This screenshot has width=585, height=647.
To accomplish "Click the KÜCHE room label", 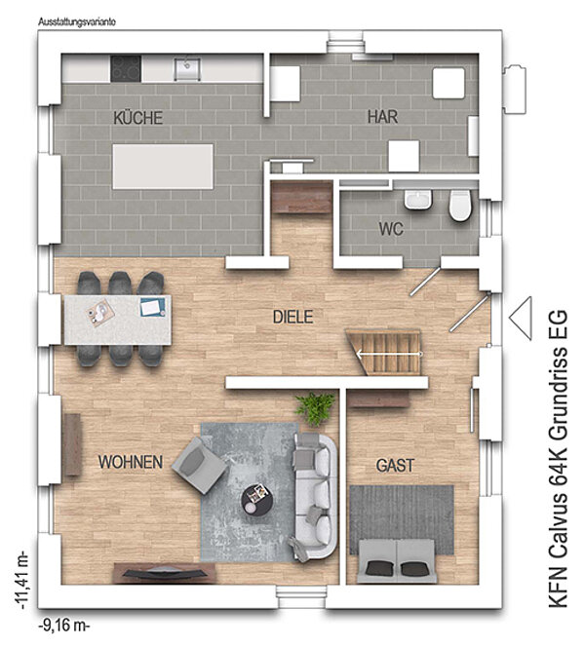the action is (x=137, y=118).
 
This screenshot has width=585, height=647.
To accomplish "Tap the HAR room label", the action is (x=382, y=117).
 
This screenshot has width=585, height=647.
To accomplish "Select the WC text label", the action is (x=391, y=229).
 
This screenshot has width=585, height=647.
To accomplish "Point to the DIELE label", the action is (x=292, y=317).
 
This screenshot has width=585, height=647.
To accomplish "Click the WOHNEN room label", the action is (x=131, y=462).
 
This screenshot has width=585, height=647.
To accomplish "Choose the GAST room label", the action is (x=395, y=466).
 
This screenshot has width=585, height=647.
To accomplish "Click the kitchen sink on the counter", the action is (x=187, y=69).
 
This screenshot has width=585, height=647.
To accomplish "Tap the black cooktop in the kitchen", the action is (x=126, y=68).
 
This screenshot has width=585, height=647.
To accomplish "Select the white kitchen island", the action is (x=163, y=167).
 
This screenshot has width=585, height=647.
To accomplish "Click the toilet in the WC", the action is (x=460, y=205).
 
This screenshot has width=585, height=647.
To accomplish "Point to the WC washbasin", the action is (x=418, y=200).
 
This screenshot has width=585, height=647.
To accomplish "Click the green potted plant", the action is (x=316, y=407).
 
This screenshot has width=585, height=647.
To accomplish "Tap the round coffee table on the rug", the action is (x=256, y=499).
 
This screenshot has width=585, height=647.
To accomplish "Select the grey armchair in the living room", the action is (x=200, y=466).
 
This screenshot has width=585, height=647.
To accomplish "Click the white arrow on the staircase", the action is (x=389, y=354).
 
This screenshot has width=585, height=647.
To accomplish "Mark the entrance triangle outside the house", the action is (x=521, y=318).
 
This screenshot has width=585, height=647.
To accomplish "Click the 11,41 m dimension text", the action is (x=21, y=580).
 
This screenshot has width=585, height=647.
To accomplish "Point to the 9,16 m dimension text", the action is (x=64, y=626).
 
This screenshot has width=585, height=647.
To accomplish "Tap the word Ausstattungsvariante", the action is (x=77, y=22).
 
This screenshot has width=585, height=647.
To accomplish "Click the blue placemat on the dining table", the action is (x=153, y=307).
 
